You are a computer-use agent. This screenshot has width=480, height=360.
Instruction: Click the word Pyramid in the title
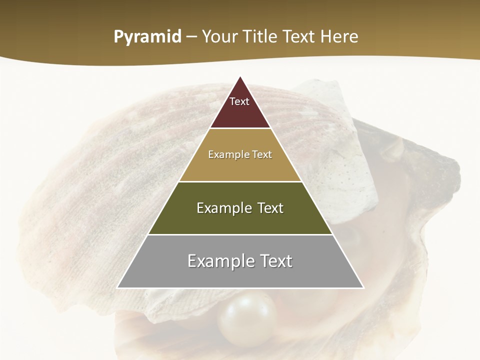(x=147, y=37)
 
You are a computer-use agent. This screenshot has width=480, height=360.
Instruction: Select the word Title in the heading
(x=260, y=36)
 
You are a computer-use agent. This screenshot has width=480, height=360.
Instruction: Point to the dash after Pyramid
(x=191, y=37)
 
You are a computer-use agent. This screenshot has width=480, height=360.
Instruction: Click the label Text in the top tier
(x=239, y=101)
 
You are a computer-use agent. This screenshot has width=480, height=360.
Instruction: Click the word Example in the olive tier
(x=223, y=208)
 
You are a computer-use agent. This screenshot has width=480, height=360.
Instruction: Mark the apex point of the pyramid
(x=240, y=76)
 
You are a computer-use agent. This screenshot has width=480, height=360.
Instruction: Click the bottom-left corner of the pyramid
(x=117, y=288)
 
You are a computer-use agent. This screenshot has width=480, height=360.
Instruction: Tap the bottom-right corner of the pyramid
(x=364, y=288)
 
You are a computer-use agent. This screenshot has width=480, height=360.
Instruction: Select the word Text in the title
(x=300, y=36)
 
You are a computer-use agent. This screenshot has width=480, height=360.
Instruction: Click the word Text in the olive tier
(x=268, y=208)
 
